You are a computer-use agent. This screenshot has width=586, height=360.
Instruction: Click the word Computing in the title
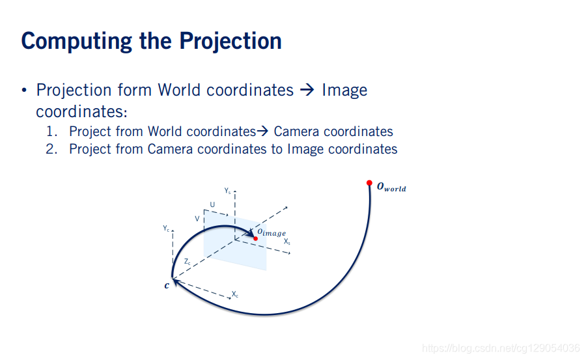tap(77, 42)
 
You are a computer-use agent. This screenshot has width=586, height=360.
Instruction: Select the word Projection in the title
tap(230, 41)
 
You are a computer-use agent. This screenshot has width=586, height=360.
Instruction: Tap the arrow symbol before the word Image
tap(307, 90)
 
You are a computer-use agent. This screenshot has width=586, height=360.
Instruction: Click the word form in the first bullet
tap(134, 90)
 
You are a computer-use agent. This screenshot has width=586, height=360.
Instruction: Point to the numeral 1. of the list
tap(51, 132)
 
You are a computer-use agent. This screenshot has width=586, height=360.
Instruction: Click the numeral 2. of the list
tap(51, 149)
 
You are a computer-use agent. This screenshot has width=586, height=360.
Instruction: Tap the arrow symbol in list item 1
tap(262, 132)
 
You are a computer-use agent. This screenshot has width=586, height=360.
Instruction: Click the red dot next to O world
tap(369, 183)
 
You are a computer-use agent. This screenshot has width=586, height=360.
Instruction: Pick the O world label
tap(391, 187)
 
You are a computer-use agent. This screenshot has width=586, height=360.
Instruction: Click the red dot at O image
tap(256, 238)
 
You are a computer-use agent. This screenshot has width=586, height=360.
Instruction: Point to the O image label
tap(272, 232)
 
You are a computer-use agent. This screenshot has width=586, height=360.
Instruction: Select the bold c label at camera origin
tap(167, 286)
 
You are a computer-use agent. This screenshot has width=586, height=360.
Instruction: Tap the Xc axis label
tap(234, 294)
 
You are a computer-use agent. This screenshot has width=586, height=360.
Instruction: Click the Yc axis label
tap(166, 228)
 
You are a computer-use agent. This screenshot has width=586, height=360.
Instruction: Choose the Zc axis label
tap(188, 262)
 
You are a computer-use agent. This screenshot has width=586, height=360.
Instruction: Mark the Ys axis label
tap(228, 191)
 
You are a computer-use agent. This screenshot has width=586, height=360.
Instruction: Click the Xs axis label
tap(286, 242)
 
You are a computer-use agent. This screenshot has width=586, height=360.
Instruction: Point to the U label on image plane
tap(212, 204)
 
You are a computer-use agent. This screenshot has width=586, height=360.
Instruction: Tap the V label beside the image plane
tap(197, 219)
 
